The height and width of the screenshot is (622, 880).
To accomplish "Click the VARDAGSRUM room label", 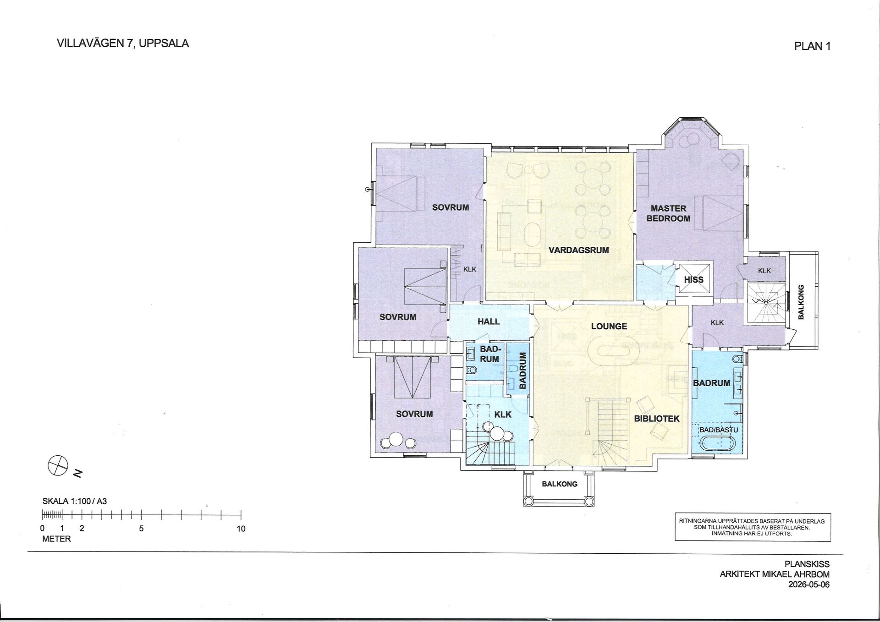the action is pyautogui.click(x=579, y=250).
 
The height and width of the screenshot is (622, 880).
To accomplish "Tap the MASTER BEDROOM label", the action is pyautogui.click(x=668, y=213).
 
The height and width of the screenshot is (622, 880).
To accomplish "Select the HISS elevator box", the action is pyautogui.click(x=693, y=279).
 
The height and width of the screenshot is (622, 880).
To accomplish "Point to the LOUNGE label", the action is pyautogui.click(x=609, y=326).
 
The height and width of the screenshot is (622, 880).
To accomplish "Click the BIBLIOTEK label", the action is pyautogui.click(x=657, y=419).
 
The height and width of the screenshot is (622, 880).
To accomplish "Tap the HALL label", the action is pyautogui.click(x=489, y=322).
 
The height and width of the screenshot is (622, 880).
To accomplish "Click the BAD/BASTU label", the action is pyautogui.click(x=719, y=430).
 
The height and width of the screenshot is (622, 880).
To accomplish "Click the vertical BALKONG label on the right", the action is pyautogui.click(x=801, y=302).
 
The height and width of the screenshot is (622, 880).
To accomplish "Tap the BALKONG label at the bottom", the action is pyautogui.click(x=560, y=484).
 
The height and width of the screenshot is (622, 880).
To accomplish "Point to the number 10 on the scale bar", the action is pyautogui.click(x=241, y=529).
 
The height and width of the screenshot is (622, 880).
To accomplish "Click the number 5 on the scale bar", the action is pyautogui.click(x=141, y=529).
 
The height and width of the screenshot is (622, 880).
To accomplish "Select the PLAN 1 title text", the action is pyautogui.click(x=812, y=46).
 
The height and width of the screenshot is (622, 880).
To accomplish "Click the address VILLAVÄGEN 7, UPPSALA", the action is pyautogui.click(x=123, y=44).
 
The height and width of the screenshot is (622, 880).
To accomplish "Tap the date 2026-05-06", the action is pyautogui.click(x=808, y=584).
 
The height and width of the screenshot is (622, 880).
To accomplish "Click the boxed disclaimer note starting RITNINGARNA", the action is pyautogui.click(x=752, y=527).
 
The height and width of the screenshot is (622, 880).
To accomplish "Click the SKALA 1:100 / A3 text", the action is pyautogui.click(x=74, y=502).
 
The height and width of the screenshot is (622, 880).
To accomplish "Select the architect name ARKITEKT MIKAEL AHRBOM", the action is pyautogui.click(x=775, y=574).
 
